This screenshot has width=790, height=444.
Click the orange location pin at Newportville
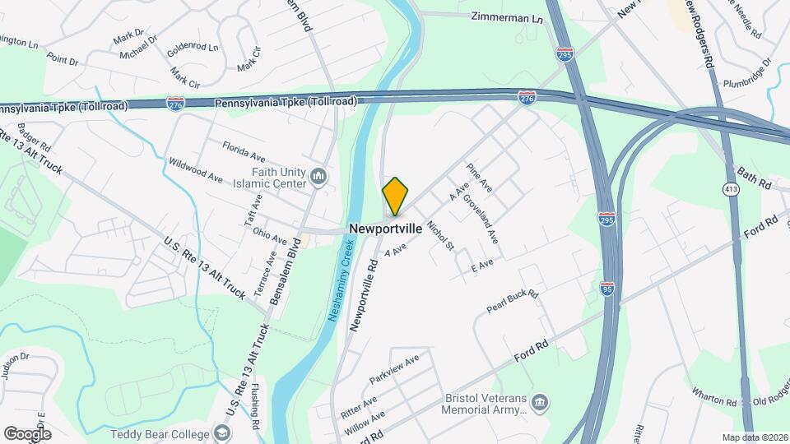395,196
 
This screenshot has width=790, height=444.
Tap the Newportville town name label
386,228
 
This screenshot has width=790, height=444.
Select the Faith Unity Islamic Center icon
318,176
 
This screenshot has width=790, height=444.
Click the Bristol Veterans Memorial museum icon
540,402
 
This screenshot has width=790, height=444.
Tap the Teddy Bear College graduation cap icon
221,432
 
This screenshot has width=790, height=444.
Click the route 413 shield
730,190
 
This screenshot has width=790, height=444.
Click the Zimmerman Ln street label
508,16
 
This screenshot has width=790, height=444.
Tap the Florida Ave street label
244,150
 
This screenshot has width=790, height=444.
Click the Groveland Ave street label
481,218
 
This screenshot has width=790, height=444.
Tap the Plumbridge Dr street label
747,72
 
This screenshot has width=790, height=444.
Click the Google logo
27,433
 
